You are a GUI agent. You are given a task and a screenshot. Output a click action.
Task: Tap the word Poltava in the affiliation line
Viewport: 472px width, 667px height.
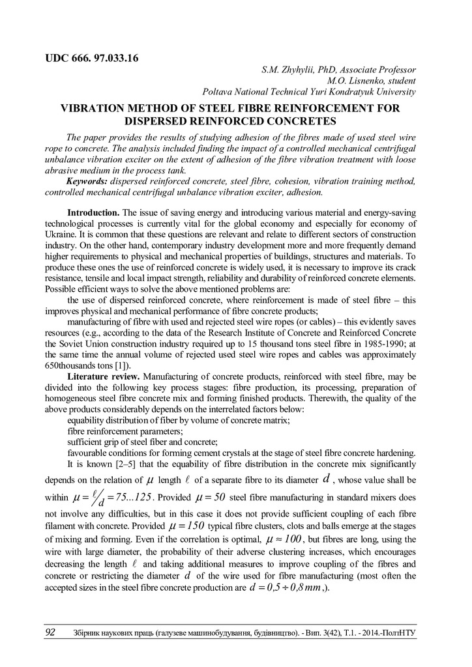220,92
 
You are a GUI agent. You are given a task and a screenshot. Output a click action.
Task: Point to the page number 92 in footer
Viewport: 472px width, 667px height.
50,632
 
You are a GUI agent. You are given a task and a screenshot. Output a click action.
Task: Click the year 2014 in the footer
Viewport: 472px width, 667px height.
371,633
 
